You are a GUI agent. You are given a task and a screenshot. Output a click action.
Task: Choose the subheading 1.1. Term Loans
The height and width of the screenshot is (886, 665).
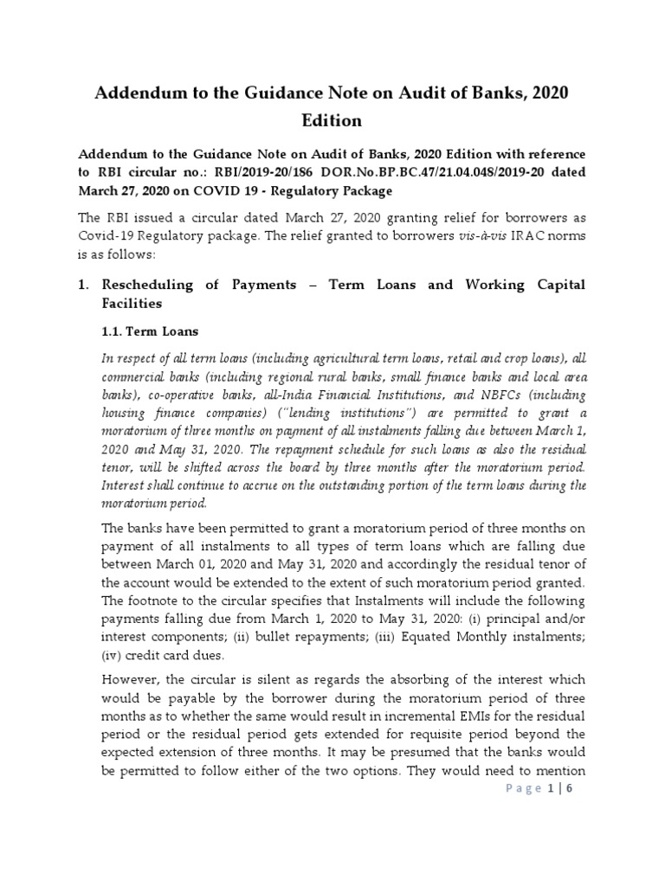[x=151, y=331]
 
